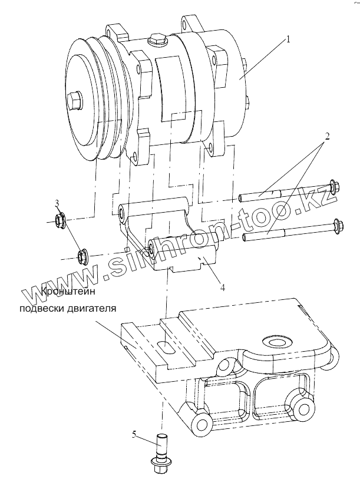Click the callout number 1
click(288, 39)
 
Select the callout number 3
click(57, 204)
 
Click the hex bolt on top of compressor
click(157, 40)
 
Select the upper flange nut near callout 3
click(60, 222)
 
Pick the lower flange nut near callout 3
click(82, 256)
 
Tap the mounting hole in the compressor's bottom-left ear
click(136, 157)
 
